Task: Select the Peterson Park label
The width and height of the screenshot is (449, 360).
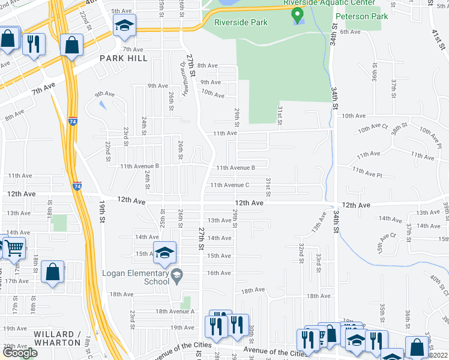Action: coord(361,16)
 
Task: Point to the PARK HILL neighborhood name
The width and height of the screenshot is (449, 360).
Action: coord(124,59)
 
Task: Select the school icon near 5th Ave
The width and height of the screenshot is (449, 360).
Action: coord(125,25)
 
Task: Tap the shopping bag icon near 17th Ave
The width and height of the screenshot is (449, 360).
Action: coord(53,271)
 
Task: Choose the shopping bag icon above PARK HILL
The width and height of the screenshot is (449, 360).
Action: coord(71,44)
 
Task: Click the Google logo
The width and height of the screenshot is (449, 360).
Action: coord(20,353)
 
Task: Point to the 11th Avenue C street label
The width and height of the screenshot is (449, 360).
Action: coord(229,185)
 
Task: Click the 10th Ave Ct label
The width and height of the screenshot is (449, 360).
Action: coord(373,129)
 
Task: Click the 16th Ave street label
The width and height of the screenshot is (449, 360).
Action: coord(218,273)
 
